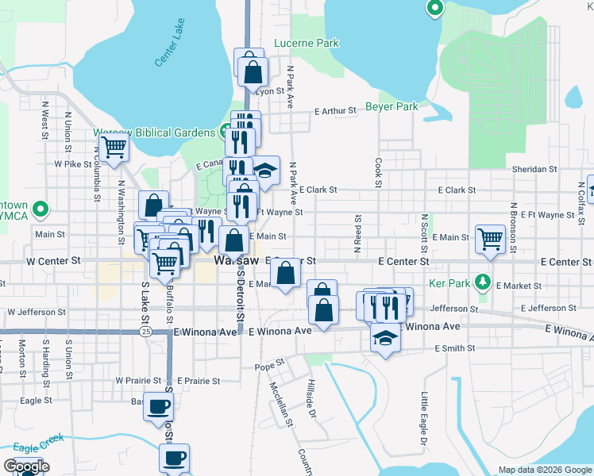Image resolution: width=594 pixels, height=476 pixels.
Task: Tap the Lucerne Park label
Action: pyautogui.click(x=307, y=44)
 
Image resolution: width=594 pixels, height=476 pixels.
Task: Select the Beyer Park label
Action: pyautogui.click(x=391, y=106)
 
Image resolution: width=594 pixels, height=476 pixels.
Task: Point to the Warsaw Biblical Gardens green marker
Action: pyautogui.click(x=225, y=132)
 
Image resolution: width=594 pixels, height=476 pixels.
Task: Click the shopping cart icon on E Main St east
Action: pyautogui.click(x=491, y=237)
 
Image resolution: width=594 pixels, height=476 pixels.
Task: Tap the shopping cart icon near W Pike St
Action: pyautogui.click(x=114, y=146)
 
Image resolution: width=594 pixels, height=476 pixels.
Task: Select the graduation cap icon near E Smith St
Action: pyautogui.click(x=386, y=337)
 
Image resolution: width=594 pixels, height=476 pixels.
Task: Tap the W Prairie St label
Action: pyautogui.click(x=141, y=381)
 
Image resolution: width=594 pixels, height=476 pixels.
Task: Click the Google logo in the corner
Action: pyautogui.click(x=26, y=466)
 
